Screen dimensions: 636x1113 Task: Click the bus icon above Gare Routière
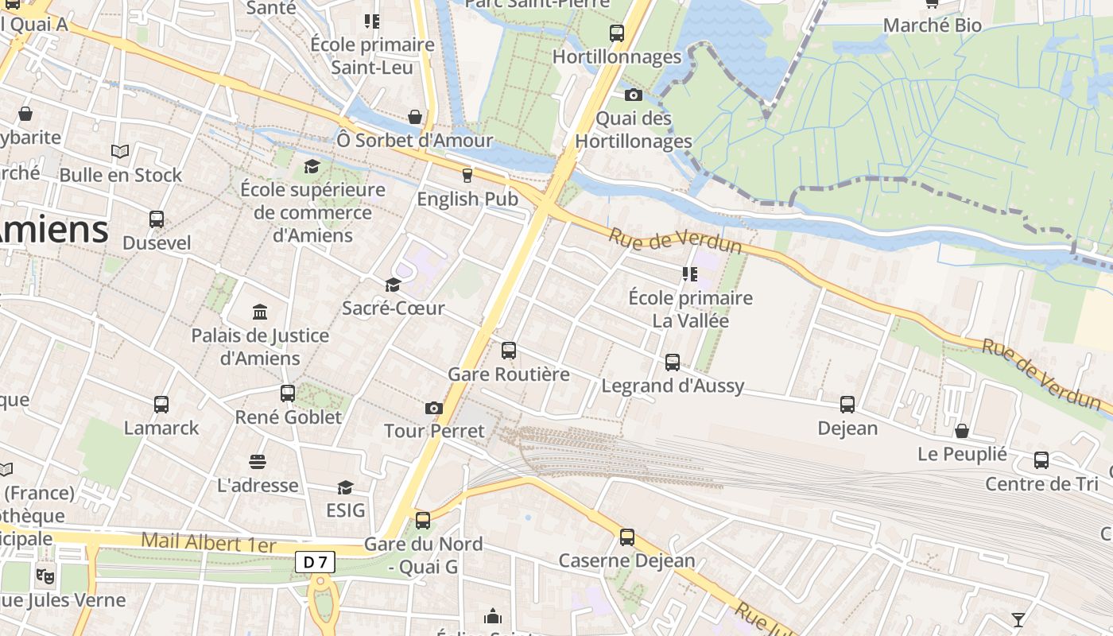(x=509, y=350)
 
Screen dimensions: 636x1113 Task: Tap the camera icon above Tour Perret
(x=433, y=408)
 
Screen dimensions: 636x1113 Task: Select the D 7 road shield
(x=316, y=562)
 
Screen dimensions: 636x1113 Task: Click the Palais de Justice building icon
(x=260, y=312)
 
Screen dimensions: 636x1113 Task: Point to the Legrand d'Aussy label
(x=673, y=386)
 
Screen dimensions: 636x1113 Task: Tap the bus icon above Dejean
(x=847, y=404)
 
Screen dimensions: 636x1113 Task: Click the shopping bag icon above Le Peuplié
(x=962, y=431)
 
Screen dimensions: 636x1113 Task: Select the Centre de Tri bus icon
(x=1041, y=460)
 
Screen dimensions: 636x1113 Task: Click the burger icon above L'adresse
(x=257, y=462)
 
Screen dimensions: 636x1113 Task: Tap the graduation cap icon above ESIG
(x=345, y=487)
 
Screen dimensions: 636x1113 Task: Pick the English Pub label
(x=467, y=199)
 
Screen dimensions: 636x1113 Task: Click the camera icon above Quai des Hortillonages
(x=633, y=95)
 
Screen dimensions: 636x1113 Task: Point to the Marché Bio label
(x=933, y=25)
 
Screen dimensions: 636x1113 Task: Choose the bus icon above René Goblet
(x=288, y=393)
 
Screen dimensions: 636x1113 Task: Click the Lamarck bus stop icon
(x=161, y=404)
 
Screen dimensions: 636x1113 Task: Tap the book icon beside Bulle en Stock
(x=120, y=151)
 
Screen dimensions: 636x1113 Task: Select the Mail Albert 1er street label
(x=208, y=544)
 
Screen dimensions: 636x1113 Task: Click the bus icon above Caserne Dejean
(x=627, y=537)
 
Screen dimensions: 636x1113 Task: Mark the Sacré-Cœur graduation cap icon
(x=393, y=285)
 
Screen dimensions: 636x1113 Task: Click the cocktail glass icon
(x=1018, y=619)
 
